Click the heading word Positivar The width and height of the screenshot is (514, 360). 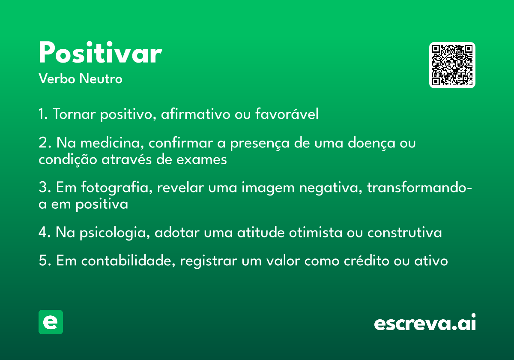click(101, 52)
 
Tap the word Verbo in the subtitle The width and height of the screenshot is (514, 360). click(57, 78)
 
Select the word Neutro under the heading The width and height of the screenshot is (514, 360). click(101, 78)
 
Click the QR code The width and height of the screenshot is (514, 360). click(452, 65)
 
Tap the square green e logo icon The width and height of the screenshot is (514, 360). click(51, 322)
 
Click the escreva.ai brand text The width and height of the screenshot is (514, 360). click(425, 322)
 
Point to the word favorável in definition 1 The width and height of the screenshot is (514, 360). click(287, 114)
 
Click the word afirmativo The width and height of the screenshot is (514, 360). click(195, 114)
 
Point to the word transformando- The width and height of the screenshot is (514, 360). click(419, 187)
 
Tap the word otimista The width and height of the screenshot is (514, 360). click(316, 232)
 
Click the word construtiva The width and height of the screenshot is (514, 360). click(404, 233)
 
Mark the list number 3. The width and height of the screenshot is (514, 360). click(43, 187)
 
